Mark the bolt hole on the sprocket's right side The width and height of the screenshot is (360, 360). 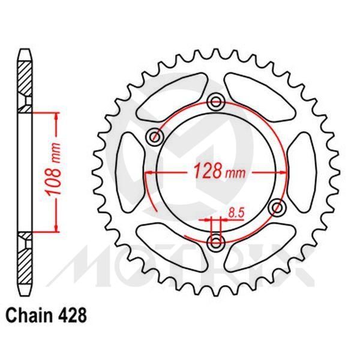(277, 208)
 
